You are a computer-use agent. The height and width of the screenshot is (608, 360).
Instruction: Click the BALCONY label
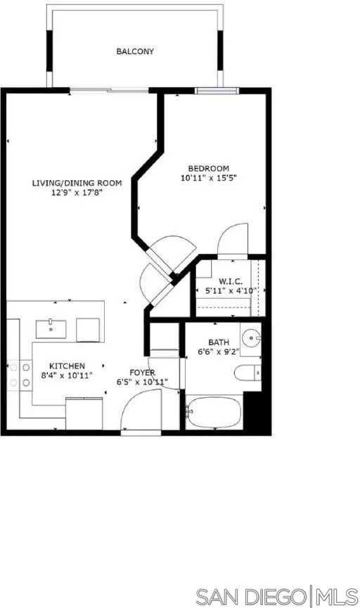(135, 51)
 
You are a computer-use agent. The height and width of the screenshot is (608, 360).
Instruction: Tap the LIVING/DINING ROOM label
(77, 183)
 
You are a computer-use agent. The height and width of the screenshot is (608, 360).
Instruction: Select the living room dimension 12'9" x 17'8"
(77, 192)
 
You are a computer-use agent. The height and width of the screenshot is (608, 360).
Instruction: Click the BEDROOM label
(208, 168)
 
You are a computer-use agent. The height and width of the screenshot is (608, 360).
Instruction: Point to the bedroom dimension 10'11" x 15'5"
(208, 178)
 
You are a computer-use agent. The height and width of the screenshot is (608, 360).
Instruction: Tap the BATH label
(219, 343)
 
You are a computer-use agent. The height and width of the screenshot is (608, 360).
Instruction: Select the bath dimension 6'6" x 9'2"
(219, 354)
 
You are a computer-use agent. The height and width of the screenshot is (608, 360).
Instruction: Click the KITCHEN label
(67, 366)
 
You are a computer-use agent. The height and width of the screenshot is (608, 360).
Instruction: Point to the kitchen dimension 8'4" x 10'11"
(67, 376)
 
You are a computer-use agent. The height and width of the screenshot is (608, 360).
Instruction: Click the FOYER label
(142, 372)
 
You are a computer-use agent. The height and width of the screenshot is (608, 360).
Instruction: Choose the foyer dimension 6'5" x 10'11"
(142, 382)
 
